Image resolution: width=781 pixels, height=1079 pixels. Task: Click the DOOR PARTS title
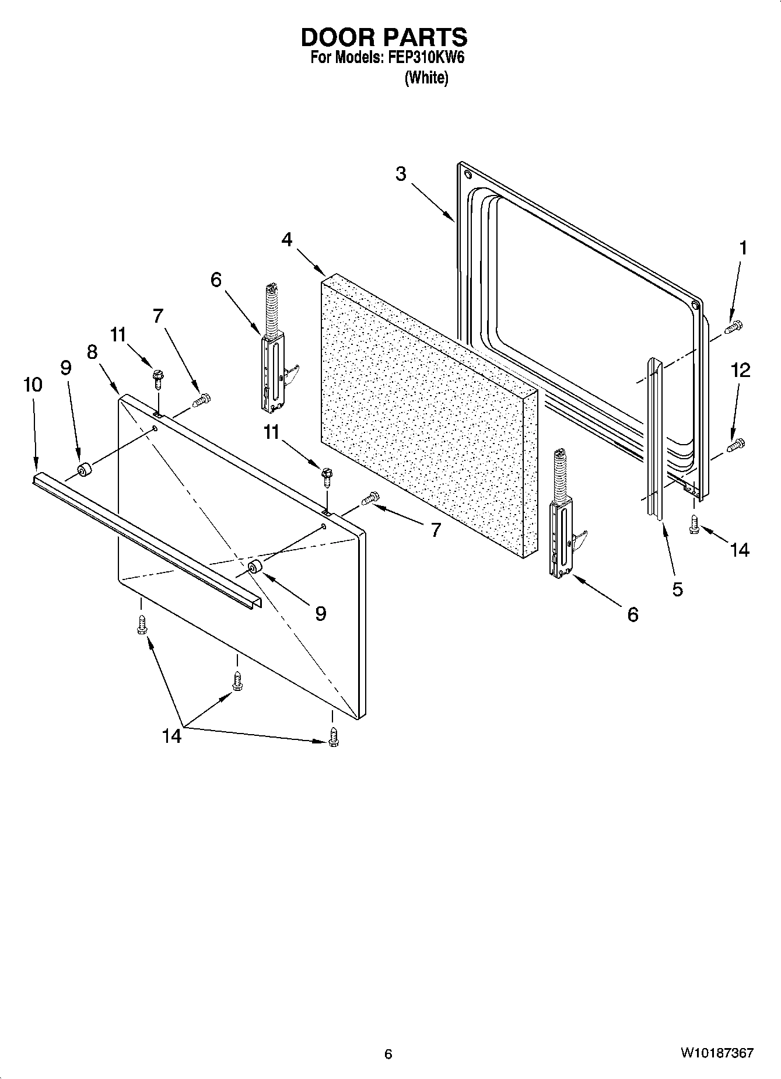point(384,37)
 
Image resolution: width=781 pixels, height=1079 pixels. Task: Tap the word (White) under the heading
point(426,78)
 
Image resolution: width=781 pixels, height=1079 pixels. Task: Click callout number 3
point(401,174)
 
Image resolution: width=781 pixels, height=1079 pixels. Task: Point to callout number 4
point(287,239)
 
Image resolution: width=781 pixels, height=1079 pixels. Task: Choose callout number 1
point(743,248)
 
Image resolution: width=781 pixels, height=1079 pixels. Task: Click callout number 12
point(741,370)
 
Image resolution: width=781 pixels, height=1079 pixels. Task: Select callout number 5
point(677,589)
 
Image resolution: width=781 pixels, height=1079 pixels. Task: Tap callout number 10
point(33,385)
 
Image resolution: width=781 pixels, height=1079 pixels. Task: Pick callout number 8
point(92,352)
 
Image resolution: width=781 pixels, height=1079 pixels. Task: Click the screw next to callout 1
point(733,328)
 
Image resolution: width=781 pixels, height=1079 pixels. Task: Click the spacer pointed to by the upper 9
point(85,470)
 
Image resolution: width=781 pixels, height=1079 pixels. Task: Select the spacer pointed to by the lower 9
point(255,568)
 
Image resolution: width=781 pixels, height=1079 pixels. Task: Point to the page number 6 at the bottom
point(388,1054)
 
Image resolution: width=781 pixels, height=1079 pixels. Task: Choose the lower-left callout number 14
point(171,736)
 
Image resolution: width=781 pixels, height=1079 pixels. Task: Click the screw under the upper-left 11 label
point(157,379)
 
